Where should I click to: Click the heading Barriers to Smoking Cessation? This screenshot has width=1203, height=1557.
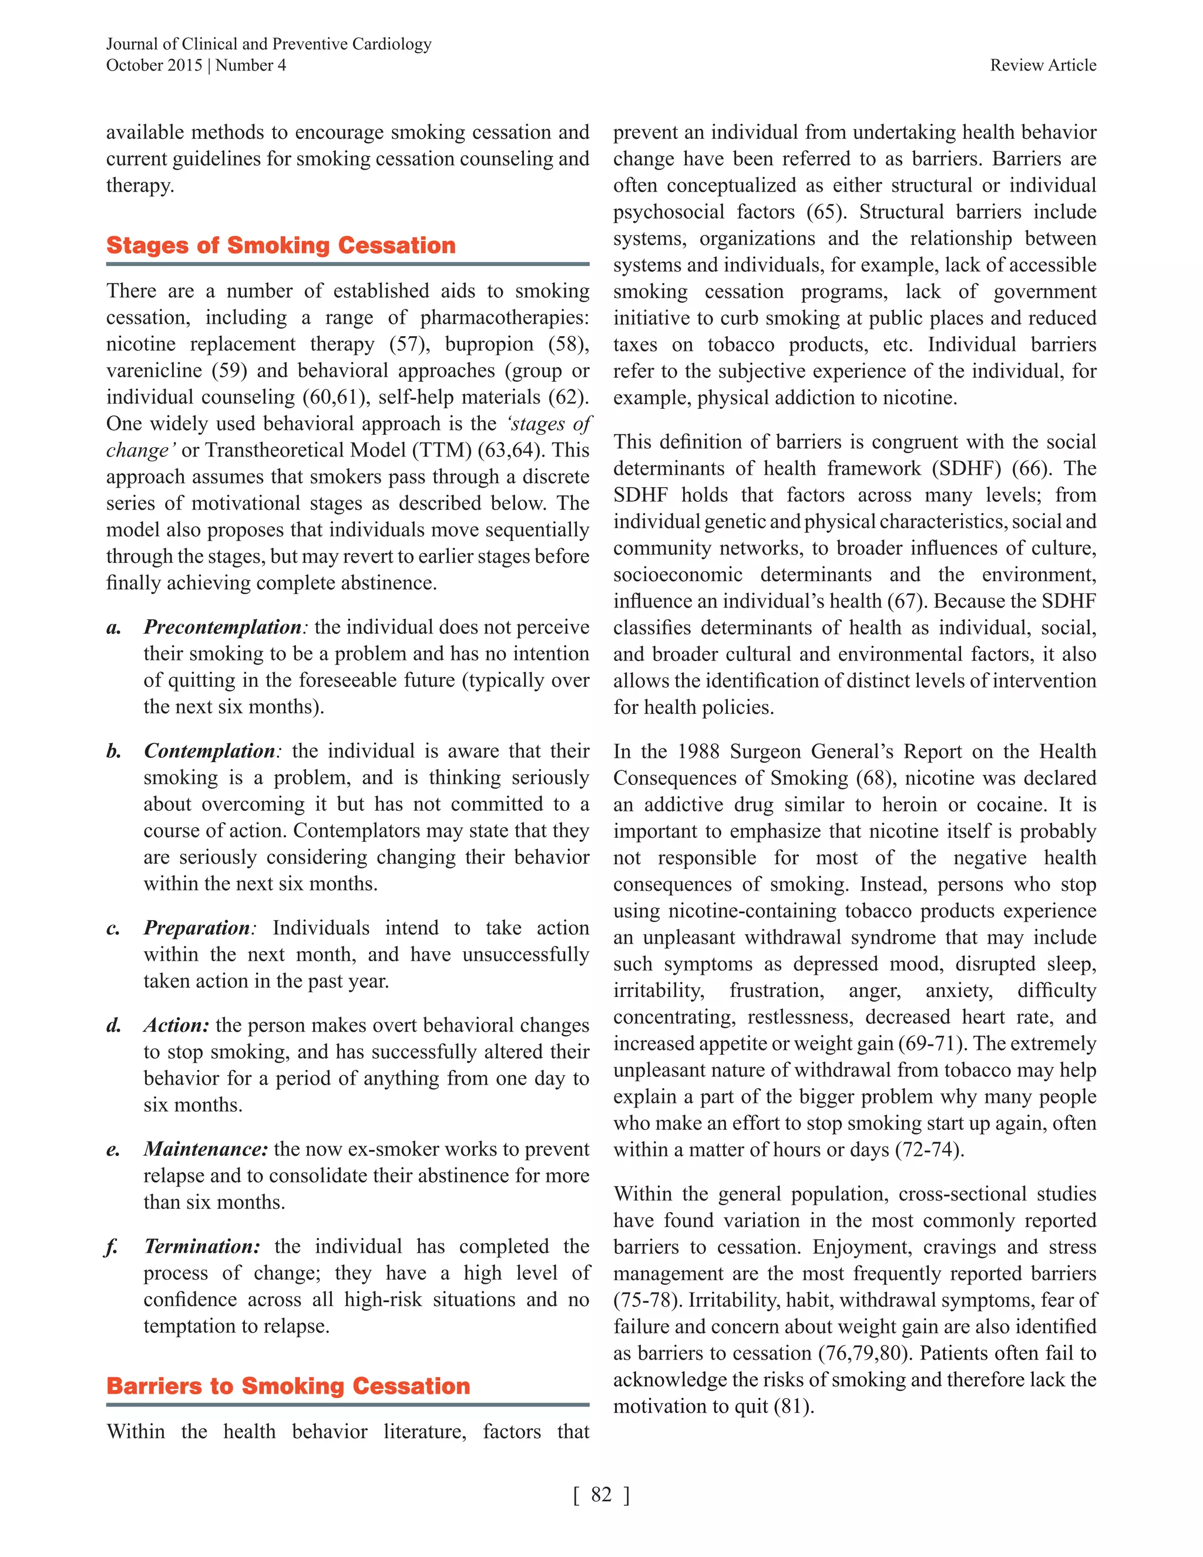click(x=288, y=1385)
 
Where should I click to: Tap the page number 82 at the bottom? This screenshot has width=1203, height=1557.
click(x=601, y=1494)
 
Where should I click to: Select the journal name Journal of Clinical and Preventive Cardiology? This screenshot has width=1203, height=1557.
click(x=268, y=43)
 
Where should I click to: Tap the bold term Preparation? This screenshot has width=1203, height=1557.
click(x=197, y=928)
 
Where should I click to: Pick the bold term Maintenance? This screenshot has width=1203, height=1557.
click(x=205, y=1149)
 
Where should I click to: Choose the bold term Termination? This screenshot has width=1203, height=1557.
click(x=201, y=1246)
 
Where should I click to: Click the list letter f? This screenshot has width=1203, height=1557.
click(x=111, y=1247)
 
